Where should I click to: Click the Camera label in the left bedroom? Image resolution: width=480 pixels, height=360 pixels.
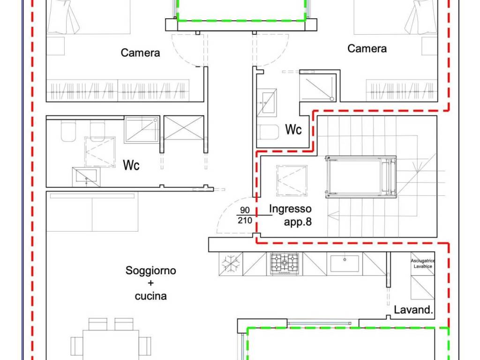[140, 53]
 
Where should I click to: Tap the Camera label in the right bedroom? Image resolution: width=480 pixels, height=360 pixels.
[367, 49]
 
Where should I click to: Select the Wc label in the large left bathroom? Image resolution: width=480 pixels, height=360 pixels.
[131, 165]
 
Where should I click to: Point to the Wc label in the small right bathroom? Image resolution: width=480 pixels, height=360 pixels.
[293, 130]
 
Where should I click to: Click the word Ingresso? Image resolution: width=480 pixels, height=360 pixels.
[290, 209]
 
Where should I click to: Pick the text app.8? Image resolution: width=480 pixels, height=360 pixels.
[297, 222]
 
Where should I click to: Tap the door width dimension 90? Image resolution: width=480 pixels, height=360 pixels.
[245, 210]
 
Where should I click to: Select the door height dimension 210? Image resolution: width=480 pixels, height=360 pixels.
[245, 220]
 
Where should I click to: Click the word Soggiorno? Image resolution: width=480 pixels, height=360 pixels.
[150, 271]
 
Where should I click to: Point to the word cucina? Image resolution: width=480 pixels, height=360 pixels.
[150, 296]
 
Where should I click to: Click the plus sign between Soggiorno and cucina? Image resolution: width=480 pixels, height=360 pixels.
[150, 284]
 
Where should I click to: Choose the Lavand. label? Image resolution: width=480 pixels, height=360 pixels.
[413, 310]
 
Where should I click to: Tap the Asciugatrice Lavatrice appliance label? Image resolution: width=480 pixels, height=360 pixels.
[422, 263]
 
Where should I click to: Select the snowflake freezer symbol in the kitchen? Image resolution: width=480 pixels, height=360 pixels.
[231, 264]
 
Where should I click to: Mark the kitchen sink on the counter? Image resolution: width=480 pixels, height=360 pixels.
[345, 263]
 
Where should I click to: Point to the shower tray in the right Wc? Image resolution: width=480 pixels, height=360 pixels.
[317, 88]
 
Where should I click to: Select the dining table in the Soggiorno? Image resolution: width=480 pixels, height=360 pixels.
[111, 345]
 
